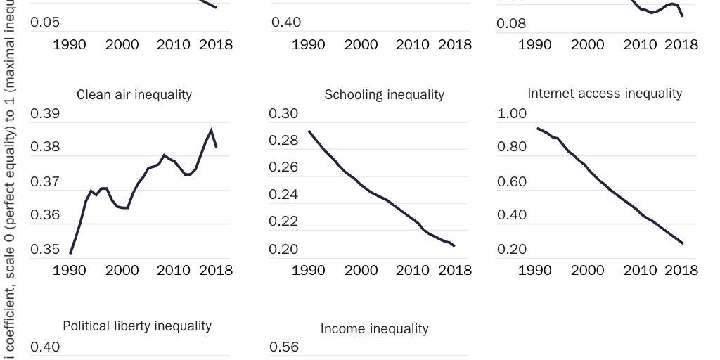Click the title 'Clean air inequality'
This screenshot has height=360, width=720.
134,95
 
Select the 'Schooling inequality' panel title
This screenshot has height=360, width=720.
384,95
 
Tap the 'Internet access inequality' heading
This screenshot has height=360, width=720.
605,94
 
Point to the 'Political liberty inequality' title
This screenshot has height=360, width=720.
137,326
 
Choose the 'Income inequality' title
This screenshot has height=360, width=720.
374,329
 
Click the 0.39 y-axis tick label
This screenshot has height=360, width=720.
45,114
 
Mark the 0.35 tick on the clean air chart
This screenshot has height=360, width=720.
45,249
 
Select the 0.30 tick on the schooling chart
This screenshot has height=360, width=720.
284,114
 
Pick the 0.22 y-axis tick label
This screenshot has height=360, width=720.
284,221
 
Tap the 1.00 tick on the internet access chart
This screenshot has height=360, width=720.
512,114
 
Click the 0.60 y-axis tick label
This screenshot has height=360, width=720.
512,182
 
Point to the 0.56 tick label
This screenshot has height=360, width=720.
284,347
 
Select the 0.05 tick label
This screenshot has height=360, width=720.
45,22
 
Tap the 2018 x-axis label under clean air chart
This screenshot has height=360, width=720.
216,270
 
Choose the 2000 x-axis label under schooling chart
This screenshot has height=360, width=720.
361,270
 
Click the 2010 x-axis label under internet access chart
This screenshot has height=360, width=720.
639,270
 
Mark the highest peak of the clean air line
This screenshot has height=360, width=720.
211,130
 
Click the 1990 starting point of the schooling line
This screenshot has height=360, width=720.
309,131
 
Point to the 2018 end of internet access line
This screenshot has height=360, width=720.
683,244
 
